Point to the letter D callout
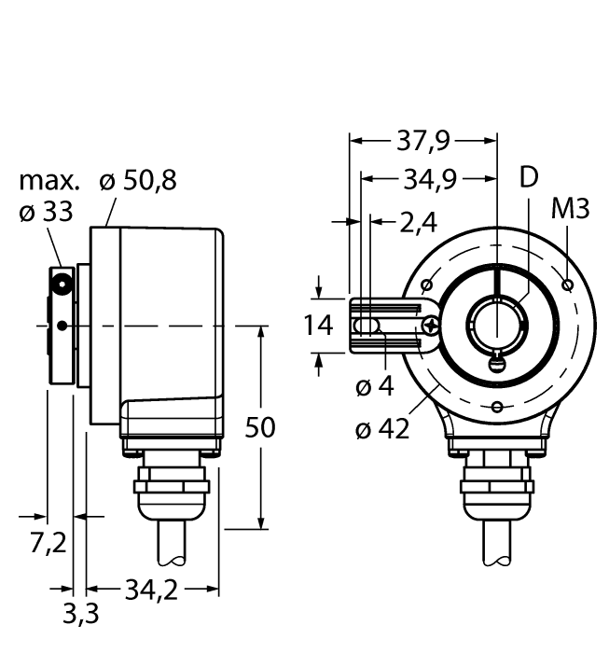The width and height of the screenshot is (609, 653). point(529,178)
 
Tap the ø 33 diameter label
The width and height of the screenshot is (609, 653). point(46,213)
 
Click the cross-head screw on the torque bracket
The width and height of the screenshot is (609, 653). point(430,326)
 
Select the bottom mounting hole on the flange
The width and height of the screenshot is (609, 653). point(498,406)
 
